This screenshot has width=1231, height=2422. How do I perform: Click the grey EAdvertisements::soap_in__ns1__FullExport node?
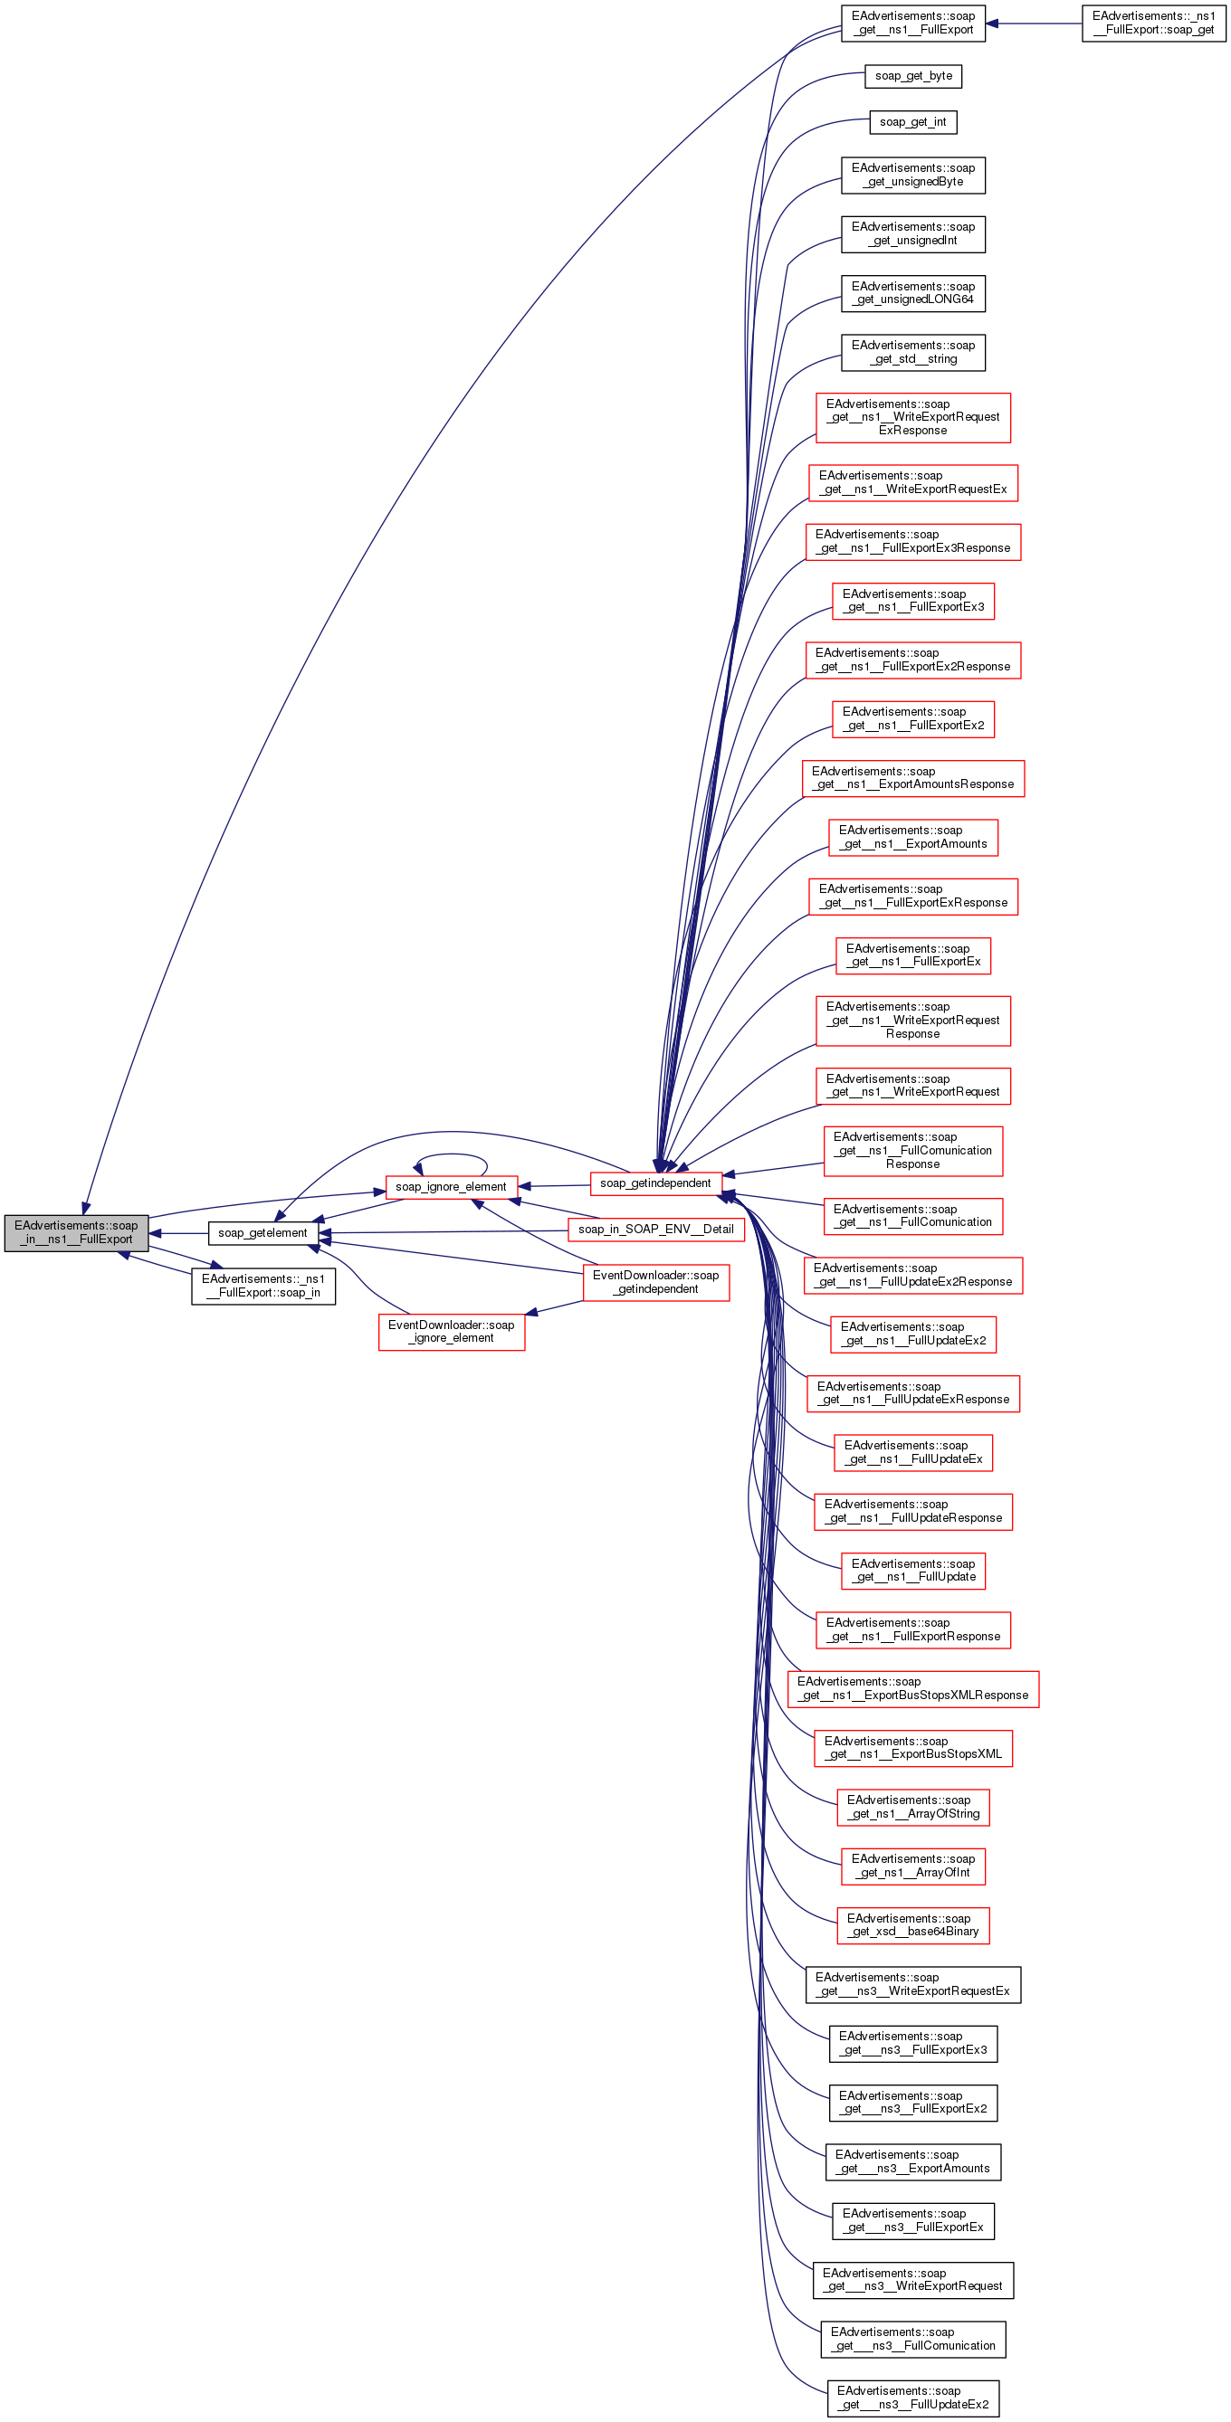(x=76, y=1232)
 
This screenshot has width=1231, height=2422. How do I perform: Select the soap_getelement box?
(x=262, y=1232)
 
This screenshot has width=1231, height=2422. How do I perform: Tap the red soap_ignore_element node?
(x=451, y=1186)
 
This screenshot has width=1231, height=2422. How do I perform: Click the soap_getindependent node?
(x=655, y=1183)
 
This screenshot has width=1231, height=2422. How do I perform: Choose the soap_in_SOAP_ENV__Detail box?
(x=655, y=1229)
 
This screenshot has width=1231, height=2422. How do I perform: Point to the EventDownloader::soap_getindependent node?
(x=655, y=1281)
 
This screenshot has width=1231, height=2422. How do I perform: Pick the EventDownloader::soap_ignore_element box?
(x=452, y=1332)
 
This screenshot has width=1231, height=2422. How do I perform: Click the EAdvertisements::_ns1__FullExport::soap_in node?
(x=263, y=1286)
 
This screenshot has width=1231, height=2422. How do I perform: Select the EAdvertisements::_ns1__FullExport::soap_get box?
(x=1153, y=23)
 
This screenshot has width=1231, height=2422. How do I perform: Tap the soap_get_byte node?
(x=913, y=76)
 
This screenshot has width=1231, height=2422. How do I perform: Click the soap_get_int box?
(x=913, y=122)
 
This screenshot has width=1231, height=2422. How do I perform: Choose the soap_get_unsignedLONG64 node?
(x=913, y=293)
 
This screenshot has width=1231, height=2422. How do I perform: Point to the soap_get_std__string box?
(x=913, y=353)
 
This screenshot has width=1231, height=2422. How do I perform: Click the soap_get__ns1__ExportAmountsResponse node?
(x=913, y=778)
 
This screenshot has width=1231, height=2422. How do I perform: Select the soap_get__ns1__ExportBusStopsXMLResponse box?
(x=913, y=1688)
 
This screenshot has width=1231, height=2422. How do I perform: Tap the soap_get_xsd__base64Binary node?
(x=913, y=1924)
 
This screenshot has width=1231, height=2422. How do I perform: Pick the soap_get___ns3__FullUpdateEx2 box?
(x=913, y=2398)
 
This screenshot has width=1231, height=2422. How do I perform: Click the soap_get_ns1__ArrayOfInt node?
(x=913, y=1866)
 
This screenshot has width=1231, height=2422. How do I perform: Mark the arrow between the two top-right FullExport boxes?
(x=1035, y=23)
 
